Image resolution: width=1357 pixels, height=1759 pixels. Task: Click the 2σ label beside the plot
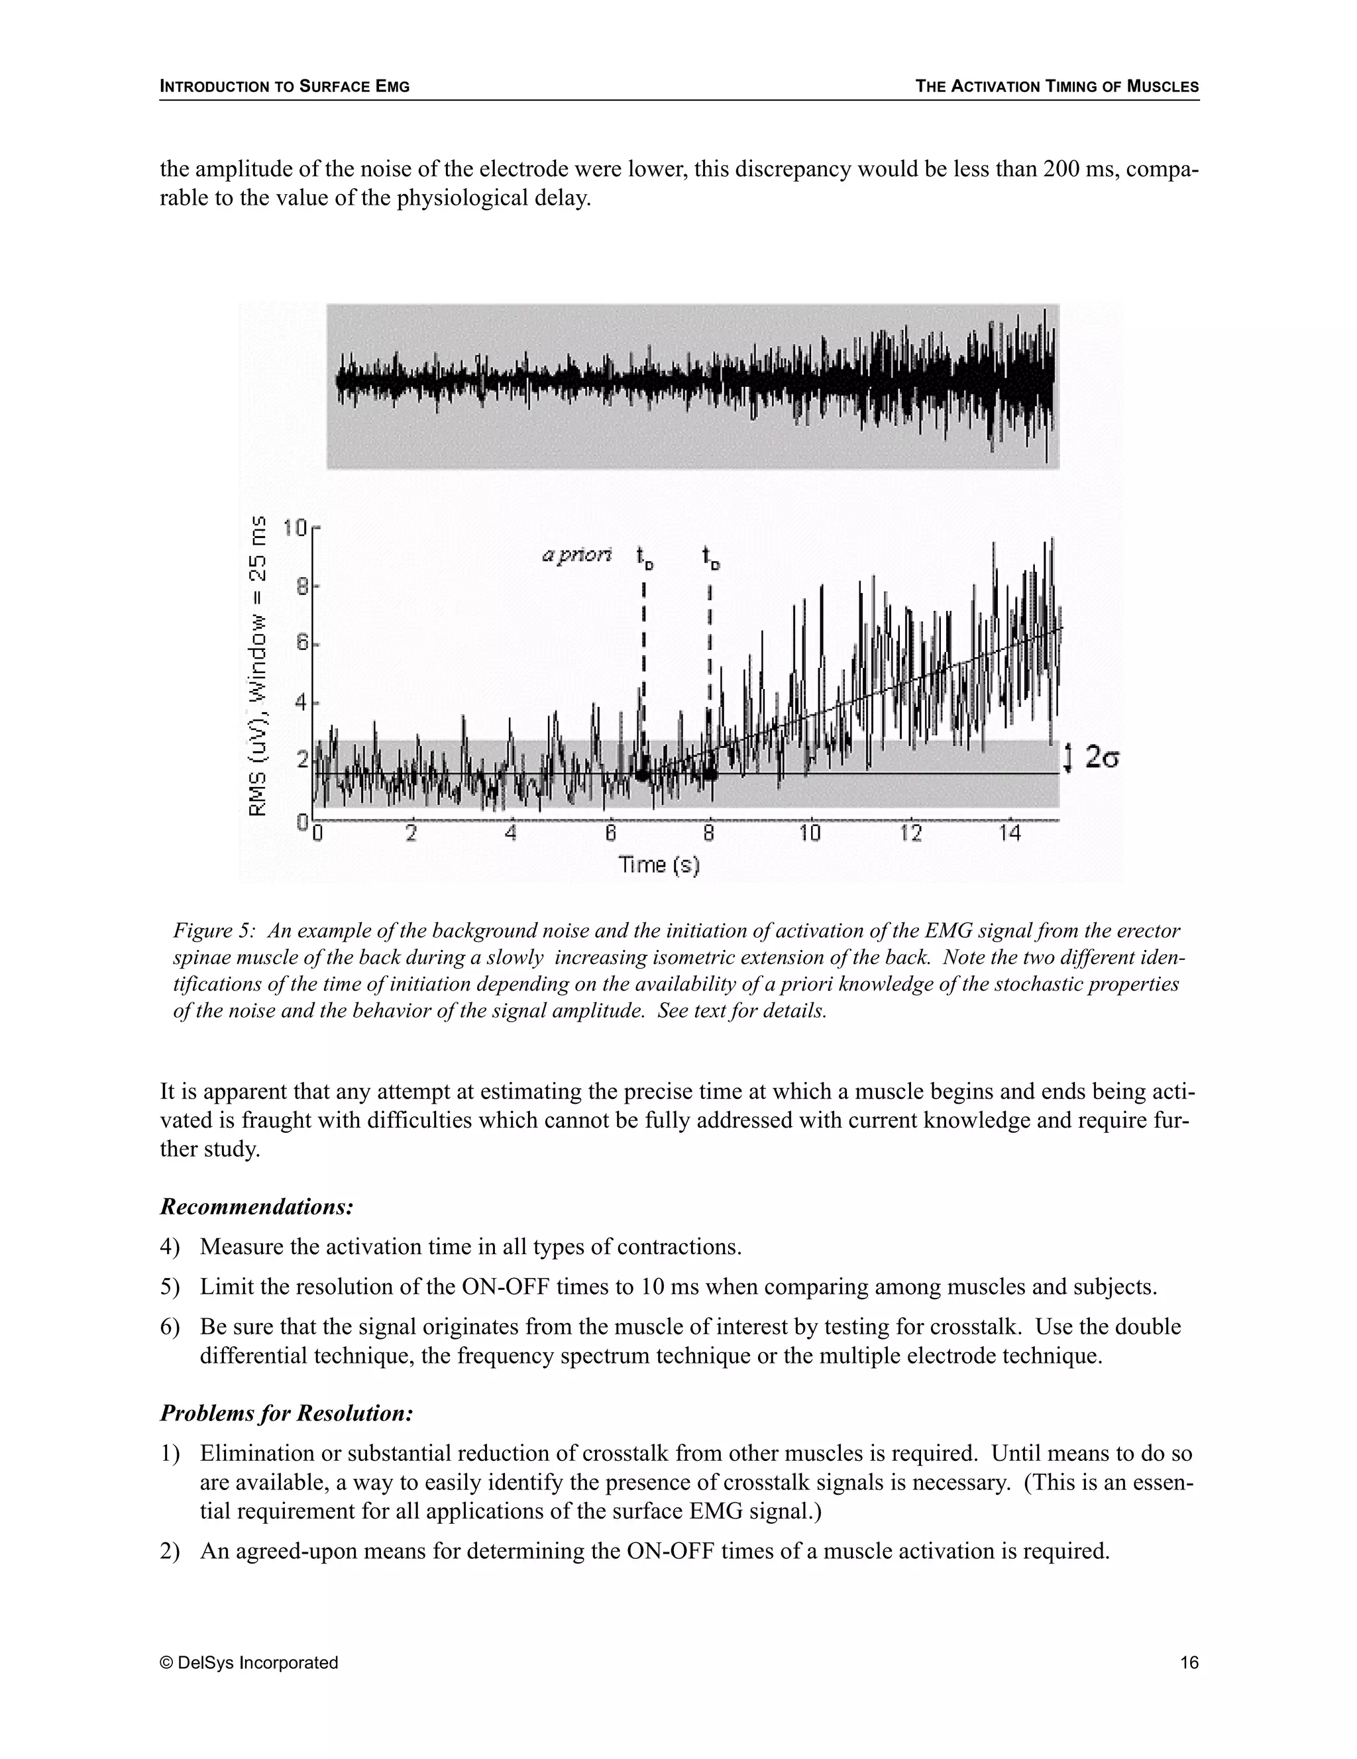click(1102, 757)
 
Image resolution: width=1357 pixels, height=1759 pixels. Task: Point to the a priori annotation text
click(576, 555)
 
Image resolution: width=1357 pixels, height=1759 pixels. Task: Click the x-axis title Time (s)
click(659, 865)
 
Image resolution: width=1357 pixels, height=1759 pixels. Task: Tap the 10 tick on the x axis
click(810, 833)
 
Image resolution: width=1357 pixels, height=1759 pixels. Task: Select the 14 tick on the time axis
click(1009, 833)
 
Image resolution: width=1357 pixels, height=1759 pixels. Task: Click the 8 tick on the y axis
click(302, 587)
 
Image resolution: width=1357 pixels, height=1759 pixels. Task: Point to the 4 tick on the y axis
click(302, 703)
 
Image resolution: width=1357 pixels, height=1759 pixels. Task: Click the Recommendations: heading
click(257, 1206)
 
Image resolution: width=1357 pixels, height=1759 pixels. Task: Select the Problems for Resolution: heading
click(287, 1413)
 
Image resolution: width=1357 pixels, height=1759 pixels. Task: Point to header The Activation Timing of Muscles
click(1057, 86)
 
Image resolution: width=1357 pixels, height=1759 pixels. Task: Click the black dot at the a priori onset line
click(642, 774)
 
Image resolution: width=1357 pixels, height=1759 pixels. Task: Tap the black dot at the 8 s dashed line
click(710, 774)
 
